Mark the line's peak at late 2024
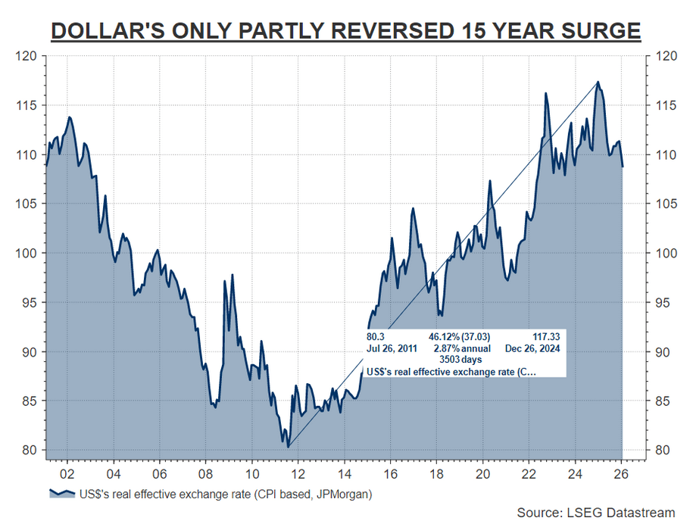tap(598, 82)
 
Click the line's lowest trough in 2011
tap(288, 447)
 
